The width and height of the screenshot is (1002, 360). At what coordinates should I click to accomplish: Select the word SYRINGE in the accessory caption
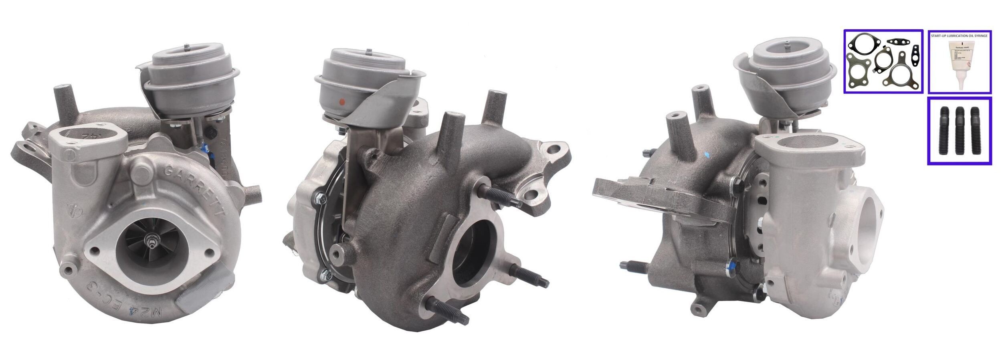[x=979, y=36]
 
